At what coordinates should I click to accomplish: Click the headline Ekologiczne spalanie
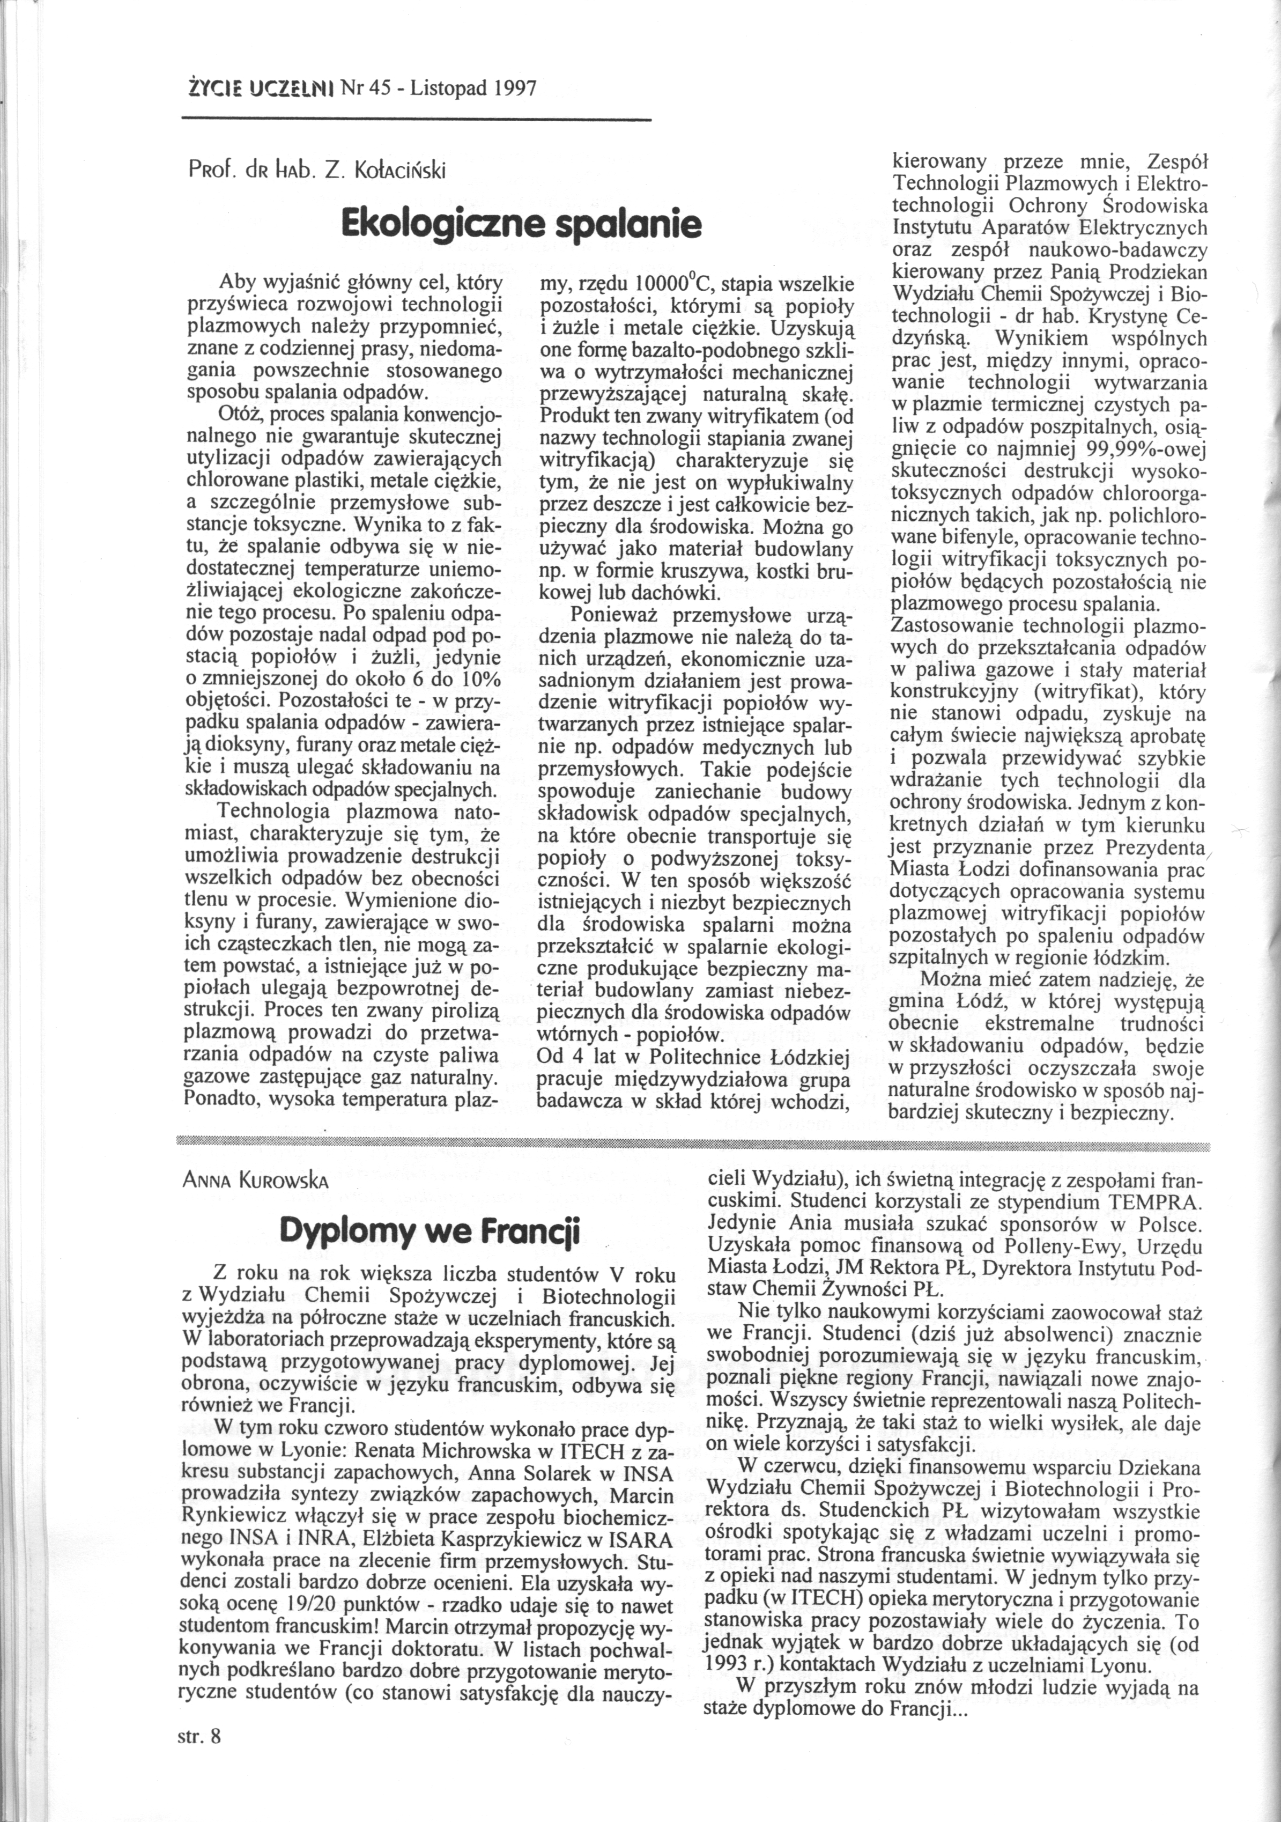point(521,225)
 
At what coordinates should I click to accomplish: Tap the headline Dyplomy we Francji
point(431,1231)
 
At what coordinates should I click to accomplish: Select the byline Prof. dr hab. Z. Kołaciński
point(316,170)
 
